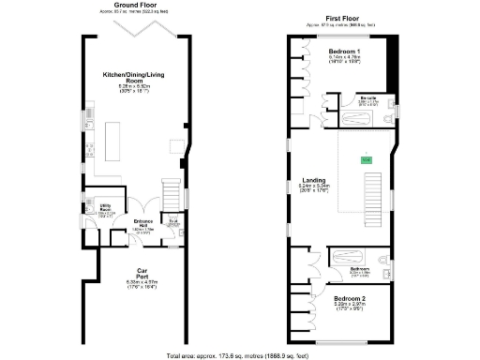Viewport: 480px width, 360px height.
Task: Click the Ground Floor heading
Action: [134, 5]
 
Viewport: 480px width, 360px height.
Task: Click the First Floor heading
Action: [346, 18]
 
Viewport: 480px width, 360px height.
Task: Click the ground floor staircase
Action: [172, 195]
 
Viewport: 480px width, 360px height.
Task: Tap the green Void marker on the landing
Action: [366, 160]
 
